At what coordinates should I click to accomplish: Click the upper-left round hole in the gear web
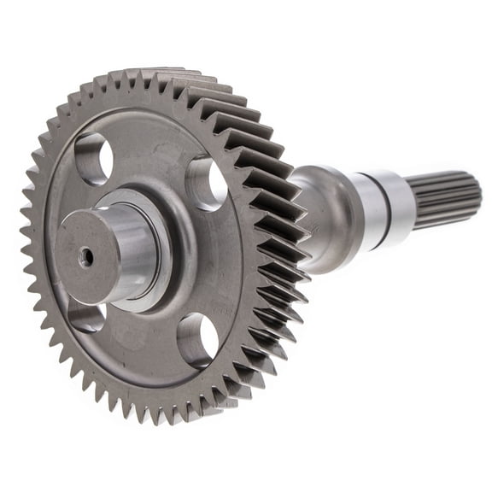(94, 159)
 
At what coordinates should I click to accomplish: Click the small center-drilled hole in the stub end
(86, 255)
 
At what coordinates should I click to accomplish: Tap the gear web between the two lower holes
(137, 342)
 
